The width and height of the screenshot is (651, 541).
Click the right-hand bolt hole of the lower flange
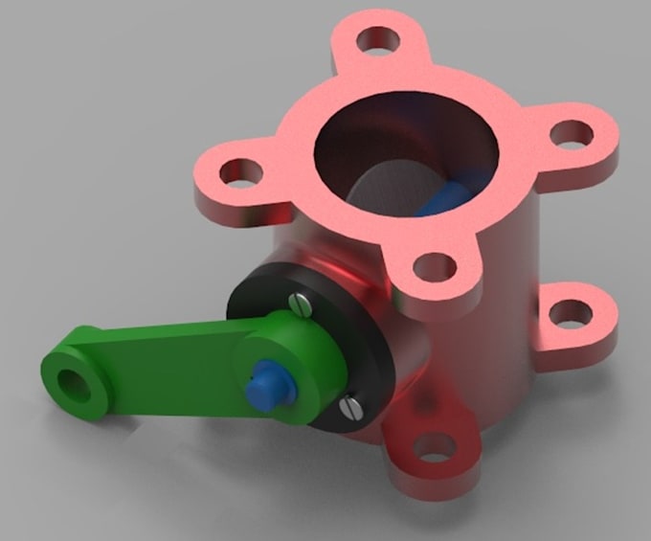point(572,313)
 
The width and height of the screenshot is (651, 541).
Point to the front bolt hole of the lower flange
point(433,447)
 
